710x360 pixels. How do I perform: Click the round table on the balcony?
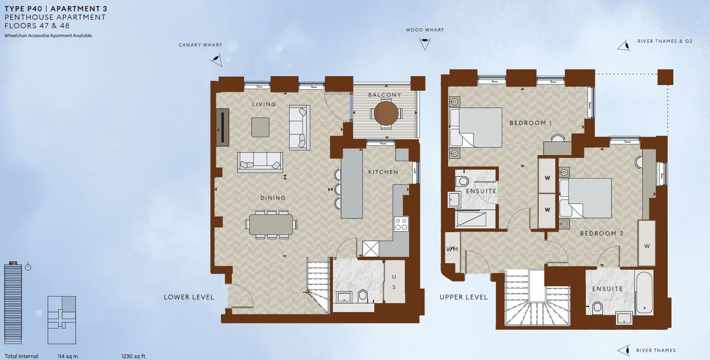tap(386, 113)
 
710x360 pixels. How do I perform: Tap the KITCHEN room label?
tap(383, 172)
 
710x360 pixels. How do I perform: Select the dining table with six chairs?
tap(271, 225)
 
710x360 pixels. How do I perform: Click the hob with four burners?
tap(401, 224)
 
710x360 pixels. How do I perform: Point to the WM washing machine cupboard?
tap(452, 249)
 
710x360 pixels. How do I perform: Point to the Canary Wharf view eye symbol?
tap(216, 59)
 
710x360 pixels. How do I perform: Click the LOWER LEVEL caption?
tap(189, 297)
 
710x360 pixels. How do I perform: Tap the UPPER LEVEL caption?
tap(464, 297)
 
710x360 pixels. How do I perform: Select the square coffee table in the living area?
tap(260, 127)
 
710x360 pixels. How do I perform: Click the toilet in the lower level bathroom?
tap(363, 297)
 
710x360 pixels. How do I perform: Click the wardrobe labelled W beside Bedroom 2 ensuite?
tap(647, 245)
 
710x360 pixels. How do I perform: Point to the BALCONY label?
tap(385, 95)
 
